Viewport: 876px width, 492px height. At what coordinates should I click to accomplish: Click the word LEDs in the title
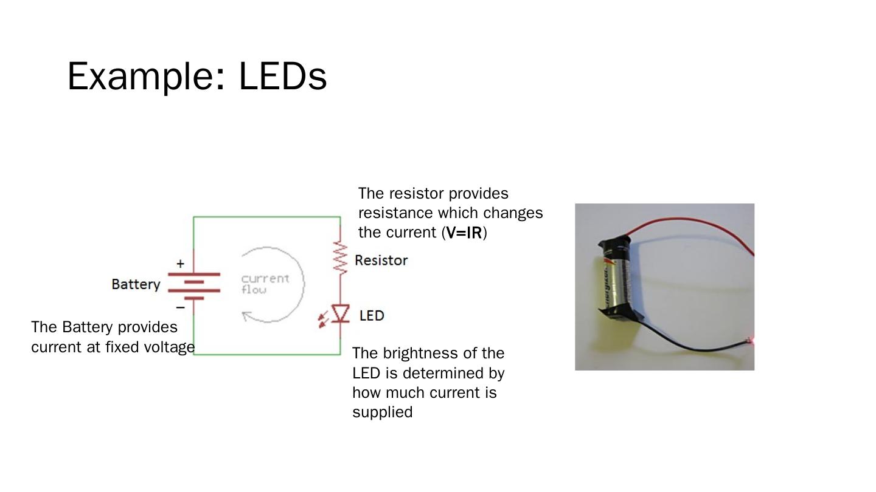click(283, 77)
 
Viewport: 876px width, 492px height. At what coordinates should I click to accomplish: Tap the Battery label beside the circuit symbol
click(136, 284)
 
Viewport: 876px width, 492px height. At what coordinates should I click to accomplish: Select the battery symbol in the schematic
click(193, 286)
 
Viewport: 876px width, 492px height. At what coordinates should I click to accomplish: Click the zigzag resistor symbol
click(340, 258)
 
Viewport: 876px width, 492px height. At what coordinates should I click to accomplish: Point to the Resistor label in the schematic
click(381, 261)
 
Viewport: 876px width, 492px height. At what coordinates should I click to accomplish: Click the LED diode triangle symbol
click(340, 313)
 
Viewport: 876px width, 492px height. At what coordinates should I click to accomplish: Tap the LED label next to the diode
click(372, 316)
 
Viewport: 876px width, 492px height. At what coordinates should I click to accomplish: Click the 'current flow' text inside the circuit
click(265, 284)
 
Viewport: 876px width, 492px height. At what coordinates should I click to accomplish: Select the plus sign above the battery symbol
click(180, 264)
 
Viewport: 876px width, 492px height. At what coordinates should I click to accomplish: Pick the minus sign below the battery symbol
click(180, 307)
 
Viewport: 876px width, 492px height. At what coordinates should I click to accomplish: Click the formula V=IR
click(464, 233)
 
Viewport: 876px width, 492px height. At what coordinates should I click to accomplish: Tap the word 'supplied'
click(382, 412)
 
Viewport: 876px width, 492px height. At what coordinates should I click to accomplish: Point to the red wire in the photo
click(687, 220)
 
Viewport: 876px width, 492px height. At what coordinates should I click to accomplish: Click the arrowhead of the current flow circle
click(246, 315)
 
